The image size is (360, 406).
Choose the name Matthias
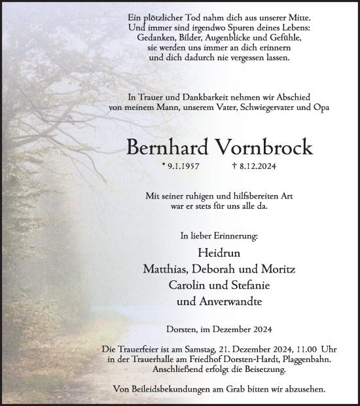click(x=166, y=270)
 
